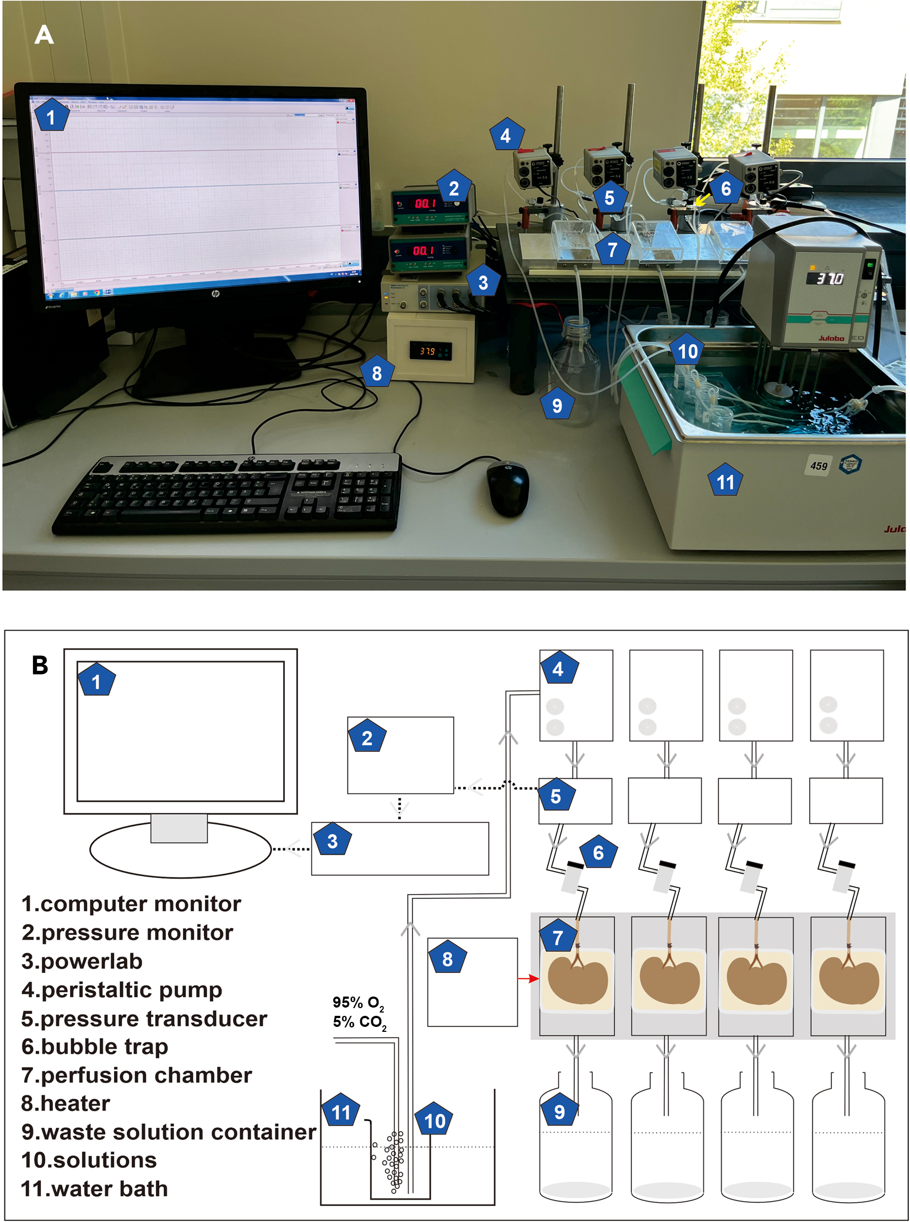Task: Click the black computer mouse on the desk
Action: click(x=507, y=487)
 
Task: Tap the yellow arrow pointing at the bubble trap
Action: click(x=701, y=200)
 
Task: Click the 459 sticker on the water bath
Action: click(x=819, y=466)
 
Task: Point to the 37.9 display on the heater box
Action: click(x=427, y=351)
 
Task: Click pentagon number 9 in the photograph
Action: click(x=557, y=405)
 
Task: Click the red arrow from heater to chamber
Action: click(x=528, y=979)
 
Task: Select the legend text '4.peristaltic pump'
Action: click(x=122, y=990)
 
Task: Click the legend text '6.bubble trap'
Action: click(x=95, y=1047)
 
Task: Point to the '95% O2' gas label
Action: click(x=358, y=1003)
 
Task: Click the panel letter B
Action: click(x=40, y=665)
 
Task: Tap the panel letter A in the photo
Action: click(x=44, y=35)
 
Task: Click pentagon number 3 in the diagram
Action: click(x=332, y=841)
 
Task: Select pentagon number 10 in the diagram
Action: click(x=434, y=1121)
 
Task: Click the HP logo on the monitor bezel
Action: click(x=215, y=294)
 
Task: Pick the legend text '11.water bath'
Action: click(x=94, y=1189)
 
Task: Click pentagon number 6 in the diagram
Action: click(x=598, y=853)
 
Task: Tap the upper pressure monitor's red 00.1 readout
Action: click(x=425, y=203)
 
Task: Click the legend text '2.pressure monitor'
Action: click(x=127, y=933)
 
